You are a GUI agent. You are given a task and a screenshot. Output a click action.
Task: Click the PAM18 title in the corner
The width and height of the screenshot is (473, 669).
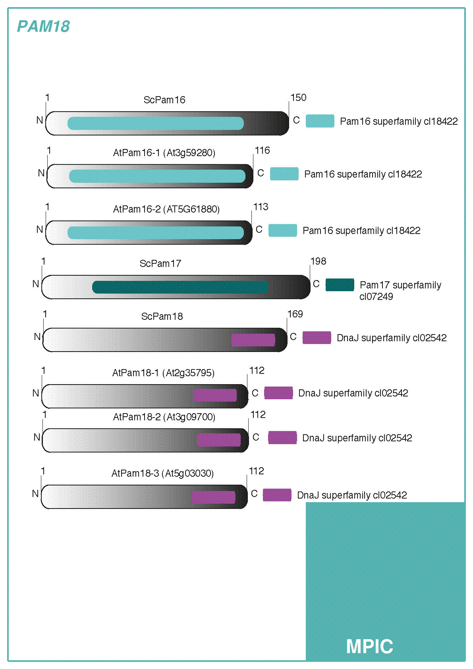click(x=43, y=27)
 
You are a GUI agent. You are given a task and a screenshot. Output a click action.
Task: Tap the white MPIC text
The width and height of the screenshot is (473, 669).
click(x=369, y=646)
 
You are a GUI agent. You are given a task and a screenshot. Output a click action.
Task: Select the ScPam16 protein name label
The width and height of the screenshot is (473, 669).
click(x=164, y=100)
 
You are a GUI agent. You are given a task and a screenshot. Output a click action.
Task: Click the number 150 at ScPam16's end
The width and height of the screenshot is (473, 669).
click(x=298, y=98)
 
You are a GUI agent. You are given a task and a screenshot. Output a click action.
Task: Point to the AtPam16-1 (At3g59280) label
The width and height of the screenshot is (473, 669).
click(x=164, y=153)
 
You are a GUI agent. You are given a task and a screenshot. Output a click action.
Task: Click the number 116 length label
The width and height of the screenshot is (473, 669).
click(x=262, y=151)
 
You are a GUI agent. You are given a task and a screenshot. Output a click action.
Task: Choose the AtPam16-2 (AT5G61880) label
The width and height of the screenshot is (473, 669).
click(x=166, y=209)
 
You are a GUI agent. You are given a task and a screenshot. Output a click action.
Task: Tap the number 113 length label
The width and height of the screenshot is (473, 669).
click(x=261, y=207)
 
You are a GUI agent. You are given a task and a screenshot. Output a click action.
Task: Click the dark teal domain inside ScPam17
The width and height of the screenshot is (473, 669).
click(x=180, y=287)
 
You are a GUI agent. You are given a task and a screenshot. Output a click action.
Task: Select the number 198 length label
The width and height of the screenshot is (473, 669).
click(x=318, y=261)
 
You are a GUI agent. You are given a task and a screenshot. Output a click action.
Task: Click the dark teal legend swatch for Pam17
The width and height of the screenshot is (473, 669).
click(x=340, y=285)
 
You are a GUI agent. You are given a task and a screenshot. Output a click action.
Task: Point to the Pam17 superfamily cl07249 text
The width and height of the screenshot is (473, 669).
click(x=400, y=290)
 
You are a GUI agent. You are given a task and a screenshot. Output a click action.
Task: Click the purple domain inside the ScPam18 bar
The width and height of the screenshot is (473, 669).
click(x=253, y=340)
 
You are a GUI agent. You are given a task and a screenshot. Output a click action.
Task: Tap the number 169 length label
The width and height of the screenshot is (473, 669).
click(x=295, y=314)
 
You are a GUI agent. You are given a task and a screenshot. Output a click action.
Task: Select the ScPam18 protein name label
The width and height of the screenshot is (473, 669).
click(x=162, y=316)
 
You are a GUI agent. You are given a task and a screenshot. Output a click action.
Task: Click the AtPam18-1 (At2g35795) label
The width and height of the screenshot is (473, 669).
click(x=163, y=373)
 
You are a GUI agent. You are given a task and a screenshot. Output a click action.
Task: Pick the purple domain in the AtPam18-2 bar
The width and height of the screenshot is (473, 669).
click(x=219, y=440)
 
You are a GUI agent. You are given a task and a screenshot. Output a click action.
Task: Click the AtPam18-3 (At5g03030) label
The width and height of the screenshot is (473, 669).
click(x=162, y=473)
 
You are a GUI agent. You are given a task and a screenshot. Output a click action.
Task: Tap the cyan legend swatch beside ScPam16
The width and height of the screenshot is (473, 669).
click(x=320, y=121)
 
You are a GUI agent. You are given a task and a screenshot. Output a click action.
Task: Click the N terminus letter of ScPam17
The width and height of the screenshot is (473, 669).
click(x=36, y=284)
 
